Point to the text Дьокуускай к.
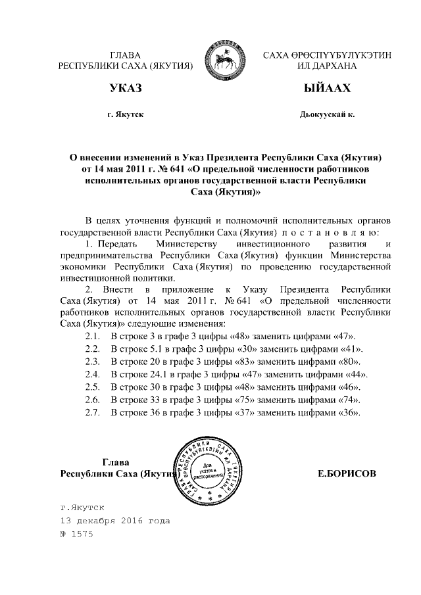click(x=327, y=114)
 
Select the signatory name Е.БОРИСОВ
click(x=347, y=473)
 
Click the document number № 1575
click(x=77, y=534)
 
